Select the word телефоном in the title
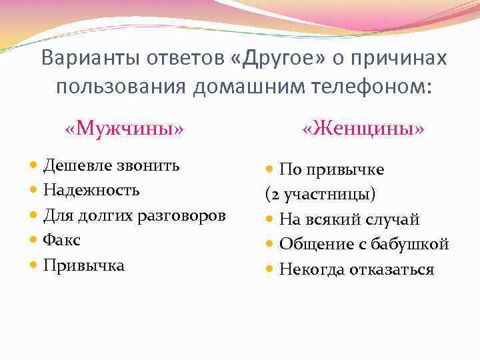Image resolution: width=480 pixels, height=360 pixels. [x=364, y=87]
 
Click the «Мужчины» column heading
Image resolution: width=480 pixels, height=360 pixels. [x=124, y=127]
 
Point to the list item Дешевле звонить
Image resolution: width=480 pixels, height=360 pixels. [x=111, y=165]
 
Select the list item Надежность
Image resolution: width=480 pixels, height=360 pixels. [x=91, y=190]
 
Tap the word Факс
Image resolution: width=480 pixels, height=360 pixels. [x=62, y=240]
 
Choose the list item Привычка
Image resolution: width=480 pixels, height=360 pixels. [x=84, y=265]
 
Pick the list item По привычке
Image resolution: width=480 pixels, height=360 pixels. [x=331, y=170]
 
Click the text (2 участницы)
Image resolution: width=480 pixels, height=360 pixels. [x=320, y=195]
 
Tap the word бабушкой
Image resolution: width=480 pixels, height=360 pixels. [x=415, y=245]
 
